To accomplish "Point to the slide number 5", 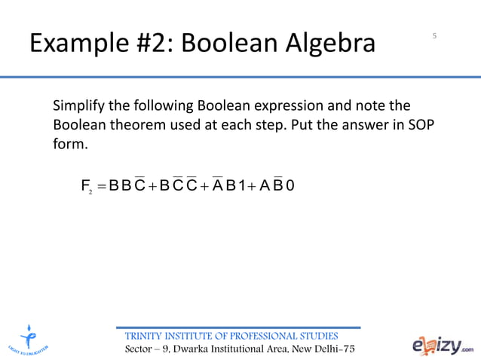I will [x=435, y=35].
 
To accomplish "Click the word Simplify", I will [x=81, y=105].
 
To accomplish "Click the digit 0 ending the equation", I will [x=290, y=185].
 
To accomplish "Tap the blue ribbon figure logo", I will [x=29, y=340].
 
